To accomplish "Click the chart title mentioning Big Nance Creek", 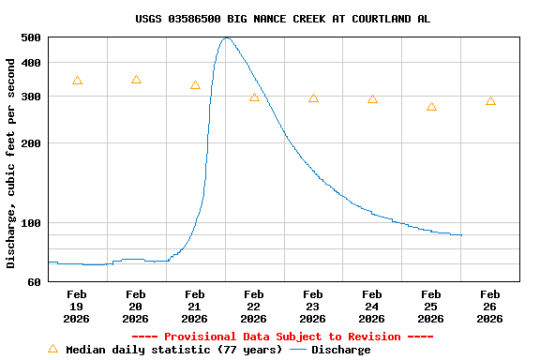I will (x=283, y=19).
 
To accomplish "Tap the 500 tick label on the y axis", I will (x=30, y=37).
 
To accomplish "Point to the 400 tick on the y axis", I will (x=30, y=63).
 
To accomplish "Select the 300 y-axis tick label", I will (x=30, y=97).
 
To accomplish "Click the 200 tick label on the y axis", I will (x=30, y=143).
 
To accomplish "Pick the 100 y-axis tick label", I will (x=30, y=223).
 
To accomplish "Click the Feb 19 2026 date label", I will (x=77, y=306).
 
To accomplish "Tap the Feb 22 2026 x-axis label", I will (x=253, y=306).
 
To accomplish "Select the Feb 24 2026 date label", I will (x=371, y=306).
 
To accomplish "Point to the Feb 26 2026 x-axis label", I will (x=489, y=306).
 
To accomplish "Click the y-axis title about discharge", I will (x=11, y=163).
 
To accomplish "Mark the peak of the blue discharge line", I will (x=226, y=37).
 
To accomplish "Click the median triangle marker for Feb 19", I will (x=77, y=81).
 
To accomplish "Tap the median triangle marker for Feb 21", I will (x=195, y=85).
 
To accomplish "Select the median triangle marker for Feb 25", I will (x=431, y=107).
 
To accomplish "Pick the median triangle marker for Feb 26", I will (x=490, y=100).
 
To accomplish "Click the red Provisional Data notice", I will (x=283, y=337).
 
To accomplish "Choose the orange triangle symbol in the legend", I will (x=52, y=349).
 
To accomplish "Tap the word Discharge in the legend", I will (x=340, y=350).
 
